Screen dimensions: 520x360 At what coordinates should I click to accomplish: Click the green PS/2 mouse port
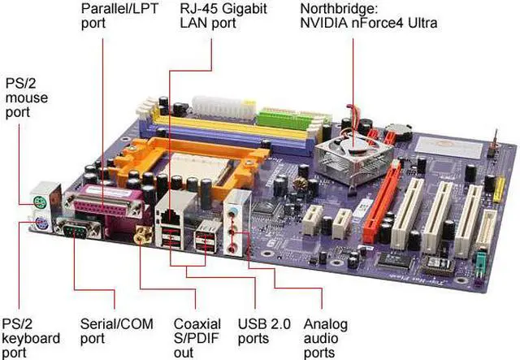pos(38,202)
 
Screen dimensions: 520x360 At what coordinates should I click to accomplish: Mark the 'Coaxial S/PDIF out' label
pos(197,337)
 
